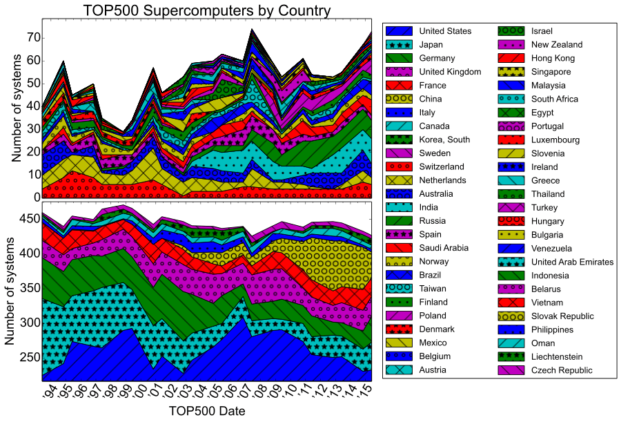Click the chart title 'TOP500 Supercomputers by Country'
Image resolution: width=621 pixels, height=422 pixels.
207,10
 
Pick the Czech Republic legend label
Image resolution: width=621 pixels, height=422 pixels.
561,370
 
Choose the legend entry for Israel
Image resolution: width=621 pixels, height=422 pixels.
542,31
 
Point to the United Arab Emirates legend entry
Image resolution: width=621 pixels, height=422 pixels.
571,262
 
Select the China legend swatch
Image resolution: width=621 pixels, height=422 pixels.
400,99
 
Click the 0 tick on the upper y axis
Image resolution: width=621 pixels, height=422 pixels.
34,197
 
